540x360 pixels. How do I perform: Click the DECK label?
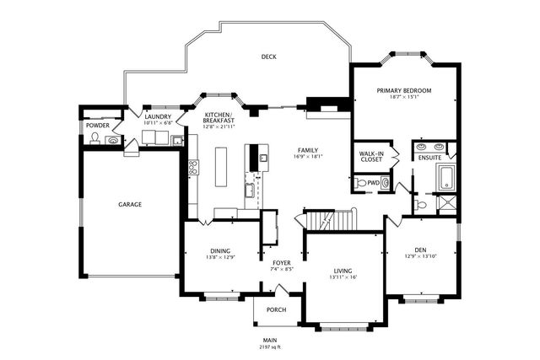pos(268,57)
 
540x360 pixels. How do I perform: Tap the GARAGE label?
pos(129,204)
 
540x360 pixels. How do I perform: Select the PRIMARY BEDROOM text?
pos(404,90)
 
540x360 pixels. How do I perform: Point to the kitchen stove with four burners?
pos(192,168)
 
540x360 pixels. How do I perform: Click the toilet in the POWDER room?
pos(94,138)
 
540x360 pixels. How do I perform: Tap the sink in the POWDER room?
pos(111,140)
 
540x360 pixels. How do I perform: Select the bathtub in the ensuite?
pos(445,178)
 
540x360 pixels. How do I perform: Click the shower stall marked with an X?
pos(447,202)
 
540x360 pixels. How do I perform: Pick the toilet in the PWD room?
pos(361,182)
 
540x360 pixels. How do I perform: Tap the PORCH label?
pos(276,309)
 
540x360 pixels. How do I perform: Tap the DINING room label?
pos(219,251)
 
